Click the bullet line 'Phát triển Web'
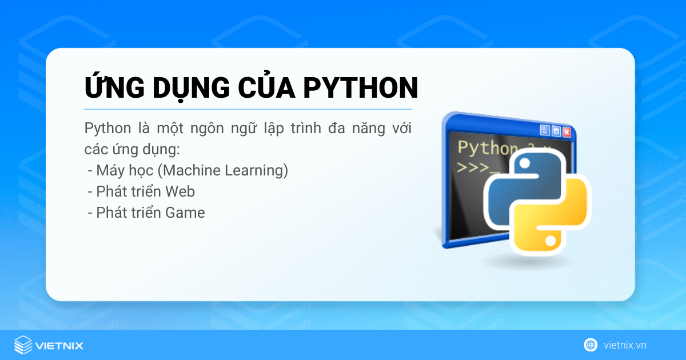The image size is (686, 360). (145, 191)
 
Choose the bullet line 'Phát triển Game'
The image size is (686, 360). (150, 213)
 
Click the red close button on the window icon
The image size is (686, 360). (567, 132)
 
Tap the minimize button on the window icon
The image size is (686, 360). (545, 130)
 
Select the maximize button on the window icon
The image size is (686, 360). (556, 131)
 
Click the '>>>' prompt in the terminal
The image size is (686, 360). (472, 168)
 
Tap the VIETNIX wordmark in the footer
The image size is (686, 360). (59, 345)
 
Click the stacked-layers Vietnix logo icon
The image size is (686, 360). (23, 345)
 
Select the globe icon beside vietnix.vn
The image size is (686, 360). (591, 345)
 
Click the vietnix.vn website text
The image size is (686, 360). (625, 345)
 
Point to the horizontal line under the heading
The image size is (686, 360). (248, 109)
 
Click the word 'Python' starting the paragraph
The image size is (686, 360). (103, 128)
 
